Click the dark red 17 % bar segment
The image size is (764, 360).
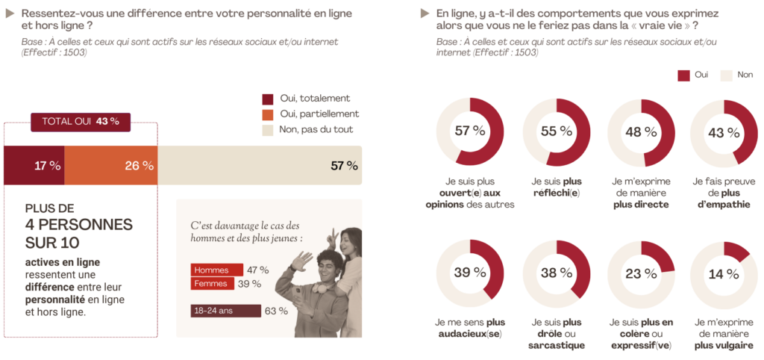coord(34,165)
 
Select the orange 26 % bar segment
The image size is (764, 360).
coord(110,165)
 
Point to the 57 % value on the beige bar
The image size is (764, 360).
coord(344,166)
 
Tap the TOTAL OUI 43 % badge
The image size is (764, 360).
coord(80,122)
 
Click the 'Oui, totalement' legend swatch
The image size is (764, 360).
coord(269,99)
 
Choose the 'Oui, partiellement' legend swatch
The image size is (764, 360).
coord(269,114)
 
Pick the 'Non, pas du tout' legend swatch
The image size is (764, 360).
coord(269,130)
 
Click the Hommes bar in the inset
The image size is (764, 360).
coord(216,270)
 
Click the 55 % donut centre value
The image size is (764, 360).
coord(557,131)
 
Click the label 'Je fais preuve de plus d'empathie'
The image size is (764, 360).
coord(721,193)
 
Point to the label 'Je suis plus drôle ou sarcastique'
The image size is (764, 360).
coord(556,333)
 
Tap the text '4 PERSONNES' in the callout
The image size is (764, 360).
coord(78,225)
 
